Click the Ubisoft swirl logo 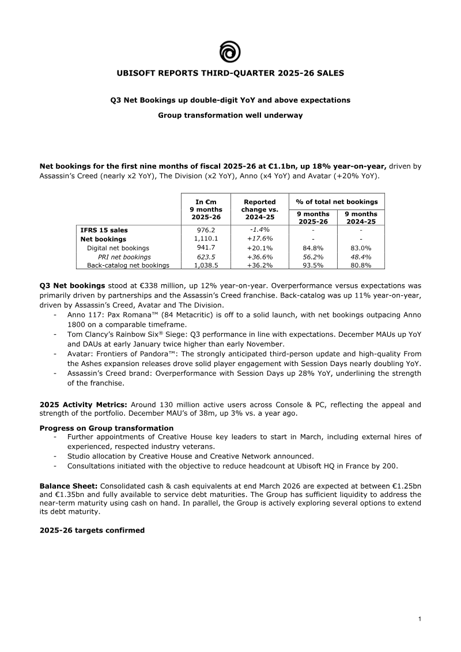(x=230, y=51)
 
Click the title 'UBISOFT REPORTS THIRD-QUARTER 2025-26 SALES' (x=230, y=73)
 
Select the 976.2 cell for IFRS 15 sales (x=206, y=230)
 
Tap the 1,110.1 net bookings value (x=206, y=239)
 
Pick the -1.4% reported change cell (x=259, y=229)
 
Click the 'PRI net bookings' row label (x=124, y=257)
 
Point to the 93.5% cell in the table (x=313, y=265)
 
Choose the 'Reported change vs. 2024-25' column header (x=259, y=209)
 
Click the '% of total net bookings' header (x=337, y=202)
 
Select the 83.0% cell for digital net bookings (x=361, y=248)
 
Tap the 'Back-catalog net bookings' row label (x=128, y=265)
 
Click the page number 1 (x=420, y=619)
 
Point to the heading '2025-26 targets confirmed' (x=92, y=530)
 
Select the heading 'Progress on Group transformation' (x=106, y=428)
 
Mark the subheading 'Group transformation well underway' (x=230, y=115)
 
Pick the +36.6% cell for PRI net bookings (x=259, y=257)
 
